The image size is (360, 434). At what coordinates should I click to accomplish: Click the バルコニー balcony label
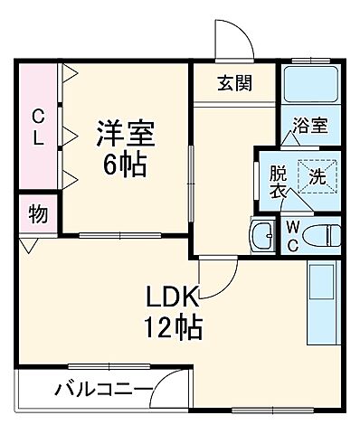click(x=99, y=392)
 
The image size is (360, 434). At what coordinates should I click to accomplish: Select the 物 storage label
click(x=37, y=215)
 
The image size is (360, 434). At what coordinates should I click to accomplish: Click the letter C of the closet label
click(x=39, y=116)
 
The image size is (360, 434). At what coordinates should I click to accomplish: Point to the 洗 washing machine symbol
click(x=318, y=175)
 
